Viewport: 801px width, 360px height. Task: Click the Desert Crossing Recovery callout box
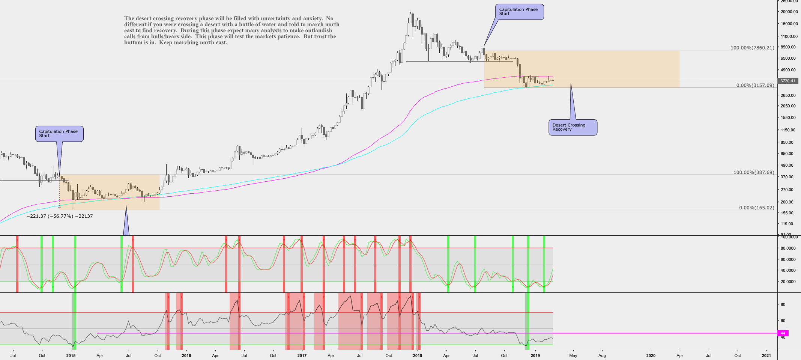(x=572, y=127)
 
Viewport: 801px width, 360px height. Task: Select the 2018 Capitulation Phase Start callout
(x=519, y=12)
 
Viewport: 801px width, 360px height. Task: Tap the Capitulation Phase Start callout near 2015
(x=59, y=134)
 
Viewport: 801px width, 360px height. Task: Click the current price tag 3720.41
(x=787, y=81)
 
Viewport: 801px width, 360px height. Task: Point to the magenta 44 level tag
(x=783, y=333)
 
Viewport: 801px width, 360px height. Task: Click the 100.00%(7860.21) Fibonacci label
(x=753, y=48)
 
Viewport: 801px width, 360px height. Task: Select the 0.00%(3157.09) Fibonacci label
(x=755, y=85)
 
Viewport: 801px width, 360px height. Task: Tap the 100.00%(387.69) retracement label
(x=754, y=172)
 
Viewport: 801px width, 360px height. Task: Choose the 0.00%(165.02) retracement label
(x=756, y=208)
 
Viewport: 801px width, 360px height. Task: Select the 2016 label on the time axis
(x=186, y=355)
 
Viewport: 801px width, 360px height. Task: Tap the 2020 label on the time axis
(x=651, y=355)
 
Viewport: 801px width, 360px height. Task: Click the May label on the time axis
(x=573, y=355)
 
